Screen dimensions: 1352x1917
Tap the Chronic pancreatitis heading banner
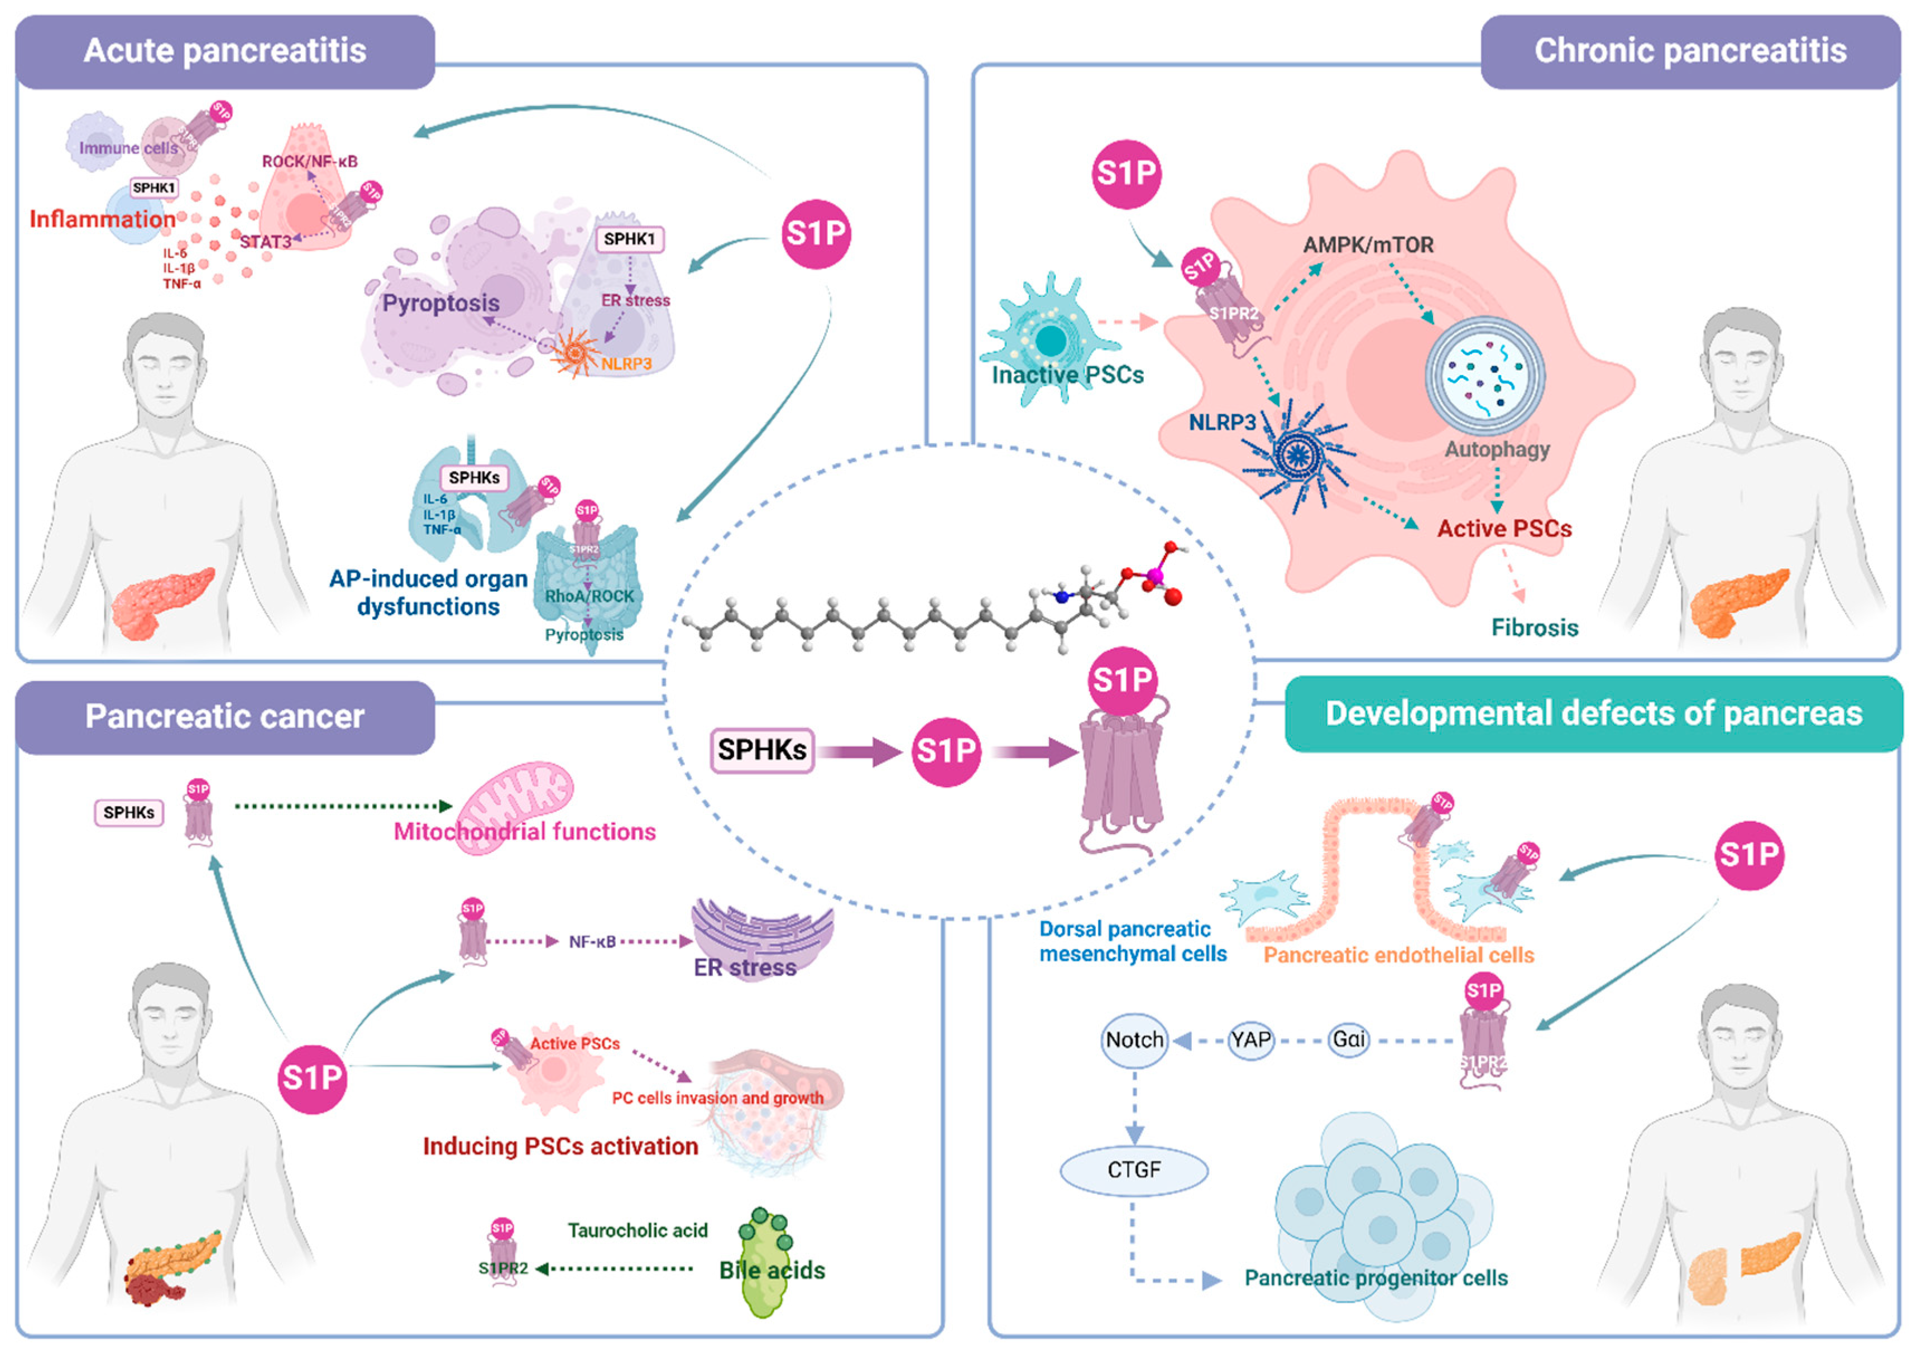(1690, 51)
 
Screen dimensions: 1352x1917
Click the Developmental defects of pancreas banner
(1593, 714)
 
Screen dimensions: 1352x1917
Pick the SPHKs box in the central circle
(761, 750)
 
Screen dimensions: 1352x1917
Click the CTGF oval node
(1133, 1170)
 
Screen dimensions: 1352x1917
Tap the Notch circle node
(1134, 1041)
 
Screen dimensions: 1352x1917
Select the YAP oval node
(1250, 1041)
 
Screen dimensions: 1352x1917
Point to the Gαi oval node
(1348, 1041)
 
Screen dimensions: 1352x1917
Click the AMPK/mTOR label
(1368, 244)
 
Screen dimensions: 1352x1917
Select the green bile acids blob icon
(764, 1261)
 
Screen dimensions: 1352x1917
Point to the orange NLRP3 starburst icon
(576, 353)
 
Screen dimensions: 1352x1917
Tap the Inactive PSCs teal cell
(1051, 338)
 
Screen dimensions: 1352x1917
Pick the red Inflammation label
(102, 219)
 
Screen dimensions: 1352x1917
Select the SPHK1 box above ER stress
(629, 239)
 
